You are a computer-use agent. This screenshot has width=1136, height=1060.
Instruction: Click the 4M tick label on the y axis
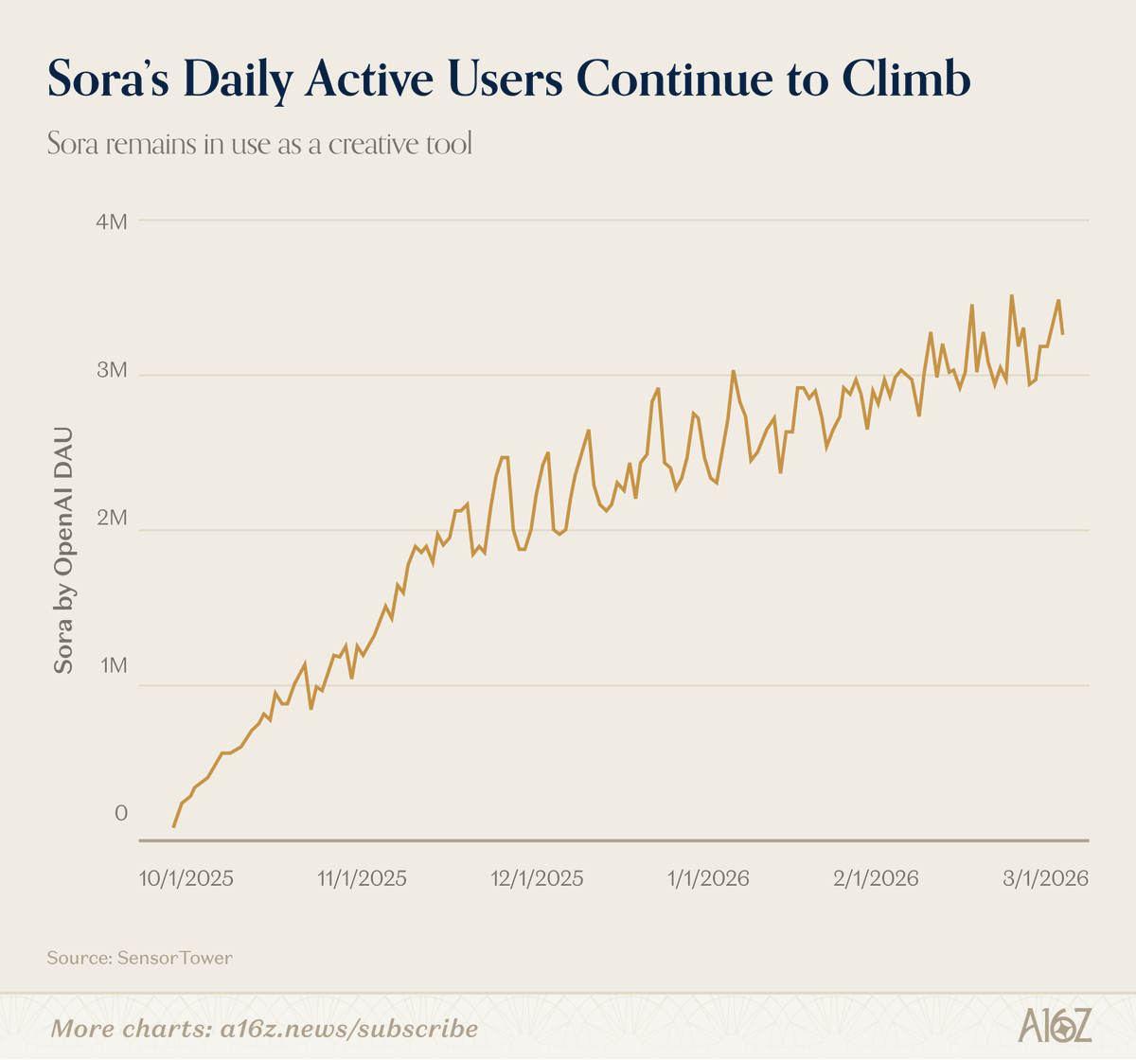tap(113, 222)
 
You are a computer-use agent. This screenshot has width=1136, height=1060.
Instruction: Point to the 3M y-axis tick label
tap(113, 370)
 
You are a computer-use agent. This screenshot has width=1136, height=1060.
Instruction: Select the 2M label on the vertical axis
tap(113, 518)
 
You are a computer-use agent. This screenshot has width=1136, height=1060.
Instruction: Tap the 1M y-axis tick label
tap(113, 665)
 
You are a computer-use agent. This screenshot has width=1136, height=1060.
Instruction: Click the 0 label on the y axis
tap(121, 813)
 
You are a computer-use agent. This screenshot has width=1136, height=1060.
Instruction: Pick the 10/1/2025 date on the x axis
tap(186, 878)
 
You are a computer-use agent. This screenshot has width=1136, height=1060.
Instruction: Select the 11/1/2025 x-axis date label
tap(362, 878)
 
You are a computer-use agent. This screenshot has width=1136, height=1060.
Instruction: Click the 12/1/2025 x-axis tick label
tap(537, 878)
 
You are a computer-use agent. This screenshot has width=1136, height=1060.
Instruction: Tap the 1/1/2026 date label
tap(707, 878)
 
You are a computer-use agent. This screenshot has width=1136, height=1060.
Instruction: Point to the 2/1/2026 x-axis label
tap(876, 878)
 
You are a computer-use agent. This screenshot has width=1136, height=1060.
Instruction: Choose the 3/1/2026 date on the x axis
tap(1045, 878)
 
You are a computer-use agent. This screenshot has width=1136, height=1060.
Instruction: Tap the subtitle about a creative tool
tap(259, 145)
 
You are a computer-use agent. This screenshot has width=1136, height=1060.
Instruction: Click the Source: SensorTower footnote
tap(139, 958)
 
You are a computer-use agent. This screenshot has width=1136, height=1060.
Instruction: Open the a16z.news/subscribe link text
tap(348, 1028)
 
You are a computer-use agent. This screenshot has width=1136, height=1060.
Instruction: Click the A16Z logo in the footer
tap(1056, 1026)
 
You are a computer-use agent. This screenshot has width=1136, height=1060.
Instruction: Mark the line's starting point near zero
tap(173, 826)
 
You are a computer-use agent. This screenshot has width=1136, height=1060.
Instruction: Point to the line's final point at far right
tap(1063, 333)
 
